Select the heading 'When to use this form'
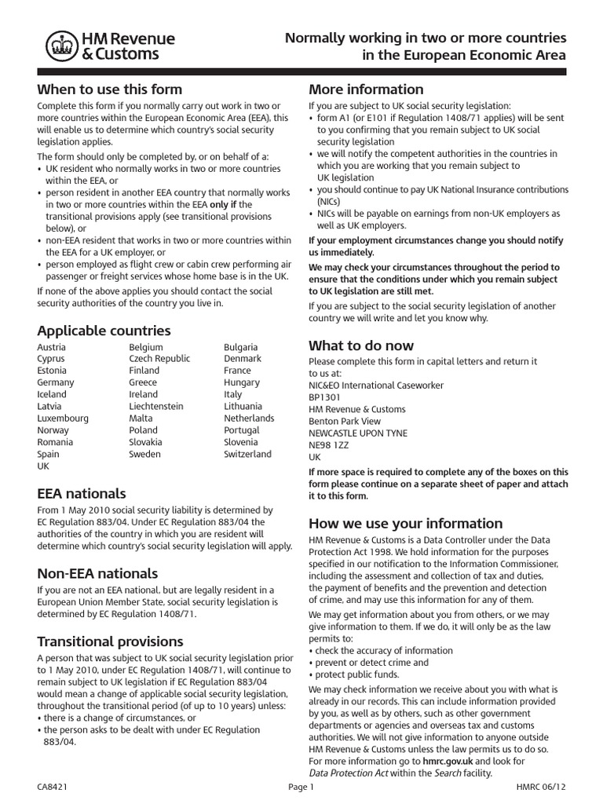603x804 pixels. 109,89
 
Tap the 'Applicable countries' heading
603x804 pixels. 104,331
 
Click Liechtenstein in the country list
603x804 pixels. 156,406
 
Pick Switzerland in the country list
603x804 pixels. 247,454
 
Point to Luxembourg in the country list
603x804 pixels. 63,418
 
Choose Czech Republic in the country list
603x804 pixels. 159,358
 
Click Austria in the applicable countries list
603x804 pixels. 52,346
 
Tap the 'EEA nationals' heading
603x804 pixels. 81,493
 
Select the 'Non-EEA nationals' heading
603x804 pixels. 97,573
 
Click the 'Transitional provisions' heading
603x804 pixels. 110,641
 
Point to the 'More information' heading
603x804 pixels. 366,89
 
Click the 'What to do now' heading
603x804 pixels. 361,345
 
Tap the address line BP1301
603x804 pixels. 326,397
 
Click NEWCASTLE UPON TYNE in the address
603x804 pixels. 357,433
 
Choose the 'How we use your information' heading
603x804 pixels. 405,523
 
